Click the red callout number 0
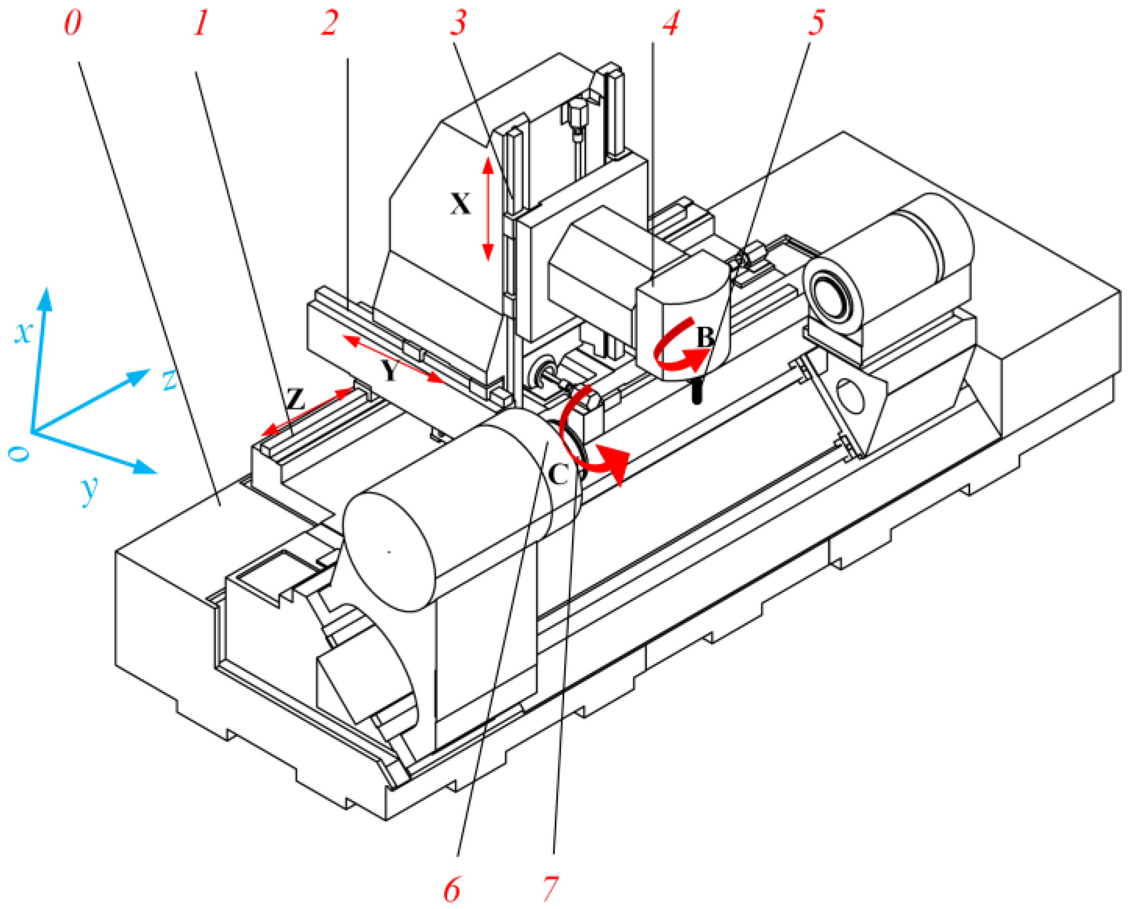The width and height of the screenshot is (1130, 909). tap(73, 24)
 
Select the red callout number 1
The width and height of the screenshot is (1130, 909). tap(201, 24)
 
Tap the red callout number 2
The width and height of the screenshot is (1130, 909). tap(329, 24)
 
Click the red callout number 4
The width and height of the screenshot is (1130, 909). tap(671, 24)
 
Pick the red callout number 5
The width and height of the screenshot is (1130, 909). tap(816, 24)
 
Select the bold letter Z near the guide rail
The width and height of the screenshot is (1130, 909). tap(296, 400)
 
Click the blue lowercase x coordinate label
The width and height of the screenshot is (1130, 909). tap(23, 332)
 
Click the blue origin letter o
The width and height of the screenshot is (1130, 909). tap(19, 454)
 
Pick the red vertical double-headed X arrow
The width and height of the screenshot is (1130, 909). tap(488, 209)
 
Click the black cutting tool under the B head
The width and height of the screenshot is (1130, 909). tap(696, 390)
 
